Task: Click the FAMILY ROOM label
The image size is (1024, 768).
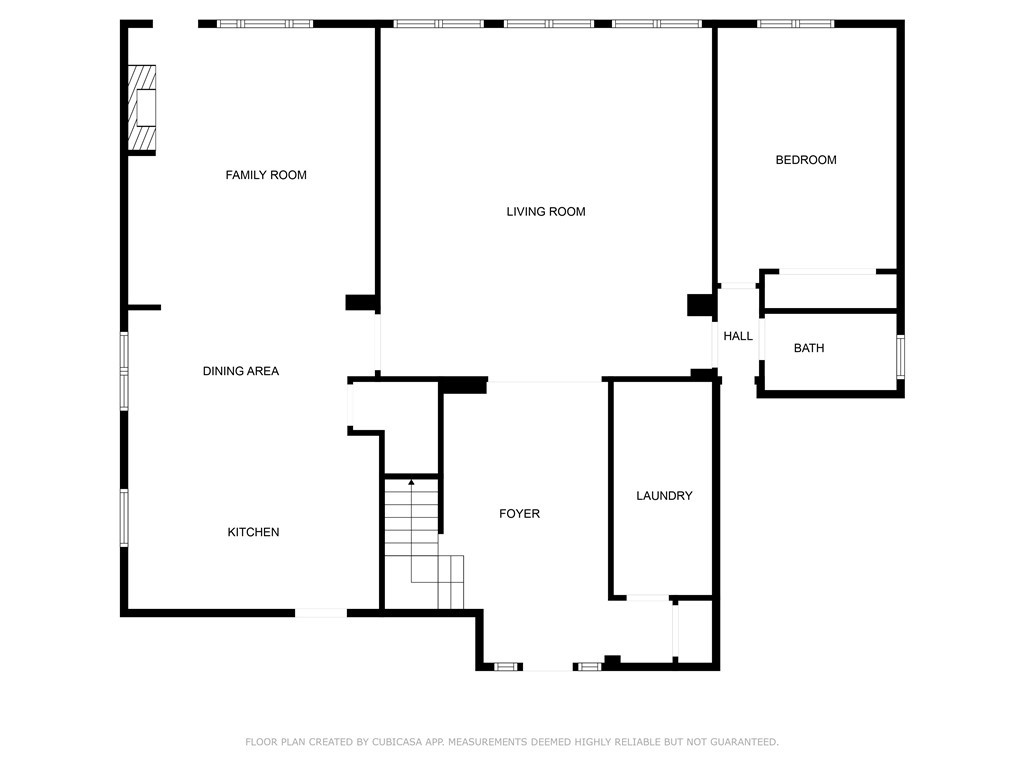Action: pos(266,175)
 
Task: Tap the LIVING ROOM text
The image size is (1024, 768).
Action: pos(545,212)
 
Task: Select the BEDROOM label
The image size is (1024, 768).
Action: pos(806,160)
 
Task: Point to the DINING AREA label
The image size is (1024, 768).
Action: pos(241,371)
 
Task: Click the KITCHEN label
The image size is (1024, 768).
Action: pos(253,532)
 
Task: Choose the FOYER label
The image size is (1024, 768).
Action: pos(519,514)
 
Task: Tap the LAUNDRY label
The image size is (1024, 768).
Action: pos(664,496)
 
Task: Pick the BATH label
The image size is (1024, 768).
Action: pos(809,349)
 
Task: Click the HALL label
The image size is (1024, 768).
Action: pos(738,337)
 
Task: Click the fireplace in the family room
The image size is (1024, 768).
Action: pos(142,108)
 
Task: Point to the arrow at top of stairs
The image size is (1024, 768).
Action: pos(411,483)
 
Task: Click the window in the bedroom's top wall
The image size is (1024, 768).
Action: pos(795,23)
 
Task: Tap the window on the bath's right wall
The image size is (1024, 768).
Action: pos(900,355)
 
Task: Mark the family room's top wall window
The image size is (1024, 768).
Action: pos(265,23)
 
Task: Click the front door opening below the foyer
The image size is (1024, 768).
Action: pos(548,666)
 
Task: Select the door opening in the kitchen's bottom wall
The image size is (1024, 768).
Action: pos(320,612)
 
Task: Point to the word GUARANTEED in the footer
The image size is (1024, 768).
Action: pos(741,742)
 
